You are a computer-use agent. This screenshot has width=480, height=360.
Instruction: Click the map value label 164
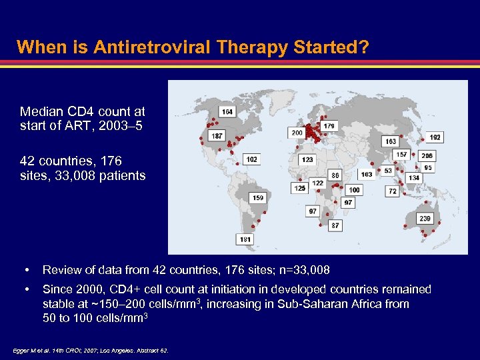(227, 111)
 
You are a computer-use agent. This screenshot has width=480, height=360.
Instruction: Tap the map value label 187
(217, 136)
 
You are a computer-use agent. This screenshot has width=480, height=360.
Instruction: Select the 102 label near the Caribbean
(251, 160)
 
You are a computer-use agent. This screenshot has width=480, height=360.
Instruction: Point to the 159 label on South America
(258, 198)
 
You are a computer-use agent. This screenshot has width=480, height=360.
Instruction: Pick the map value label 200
(297, 133)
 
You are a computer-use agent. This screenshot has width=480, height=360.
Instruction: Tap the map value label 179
(329, 125)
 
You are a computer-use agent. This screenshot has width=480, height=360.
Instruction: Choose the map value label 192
(435, 137)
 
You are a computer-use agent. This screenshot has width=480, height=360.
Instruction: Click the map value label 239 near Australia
(425, 219)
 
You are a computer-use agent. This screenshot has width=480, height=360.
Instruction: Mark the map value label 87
(335, 226)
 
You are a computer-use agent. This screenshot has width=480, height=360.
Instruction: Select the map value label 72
(393, 191)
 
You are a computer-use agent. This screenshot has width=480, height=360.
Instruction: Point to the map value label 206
(427, 156)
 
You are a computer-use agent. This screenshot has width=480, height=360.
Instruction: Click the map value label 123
(307, 160)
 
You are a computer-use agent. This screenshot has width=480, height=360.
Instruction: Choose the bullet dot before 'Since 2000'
(26, 290)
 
